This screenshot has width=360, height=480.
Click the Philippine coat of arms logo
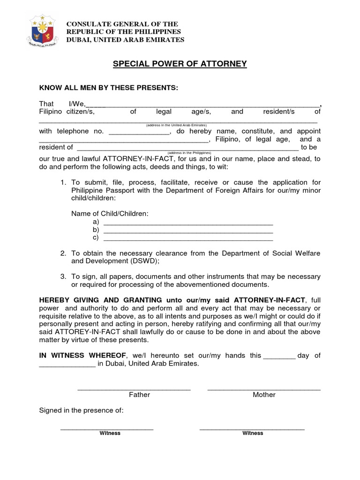pos(43,31)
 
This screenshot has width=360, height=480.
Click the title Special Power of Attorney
pos(180,64)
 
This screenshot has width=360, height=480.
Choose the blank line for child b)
pos(187,230)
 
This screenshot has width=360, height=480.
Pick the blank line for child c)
pos(187,238)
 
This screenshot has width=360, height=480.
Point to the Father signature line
pos(134,389)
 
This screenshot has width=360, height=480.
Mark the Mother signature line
pos(264,389)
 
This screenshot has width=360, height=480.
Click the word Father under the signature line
pos(139,395)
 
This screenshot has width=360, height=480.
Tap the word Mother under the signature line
pos(264,395)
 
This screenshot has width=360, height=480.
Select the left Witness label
pos(110,433)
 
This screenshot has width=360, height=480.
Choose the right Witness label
pos(253,433)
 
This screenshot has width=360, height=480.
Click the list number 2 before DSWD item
pos(63,254)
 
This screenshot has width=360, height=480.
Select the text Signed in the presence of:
pos(81,411)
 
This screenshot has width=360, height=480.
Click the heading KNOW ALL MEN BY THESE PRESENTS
pos(109,88)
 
